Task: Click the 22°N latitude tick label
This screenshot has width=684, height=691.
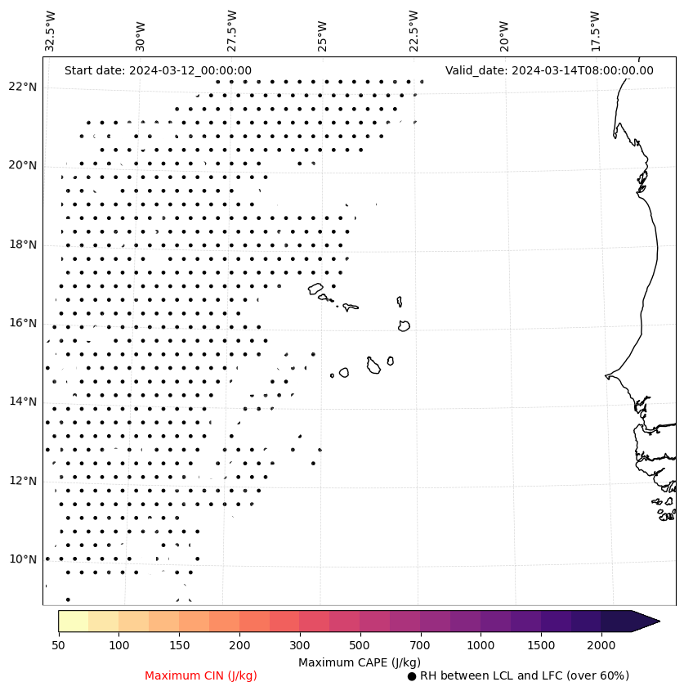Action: [24, 87]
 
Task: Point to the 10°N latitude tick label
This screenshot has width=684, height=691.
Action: [24, 560]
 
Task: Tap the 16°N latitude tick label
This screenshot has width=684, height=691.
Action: [24, 324]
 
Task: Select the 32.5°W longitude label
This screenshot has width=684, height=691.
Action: [51, 31]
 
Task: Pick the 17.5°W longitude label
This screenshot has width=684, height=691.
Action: [595, 31]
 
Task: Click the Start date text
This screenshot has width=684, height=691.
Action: [158, 71]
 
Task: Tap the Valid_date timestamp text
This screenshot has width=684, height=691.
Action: [549, 71]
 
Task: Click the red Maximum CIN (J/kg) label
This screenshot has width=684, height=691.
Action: [201, 676]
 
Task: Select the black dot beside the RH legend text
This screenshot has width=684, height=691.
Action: [412, 676]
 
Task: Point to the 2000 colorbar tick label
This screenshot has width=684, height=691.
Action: [601, 646]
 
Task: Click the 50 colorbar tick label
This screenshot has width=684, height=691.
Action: [58, 646]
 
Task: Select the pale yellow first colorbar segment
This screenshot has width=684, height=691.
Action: [73, 621]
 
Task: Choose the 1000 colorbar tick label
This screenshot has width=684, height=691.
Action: [481, 646]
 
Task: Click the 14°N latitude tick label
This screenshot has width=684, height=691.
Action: [24, 402]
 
